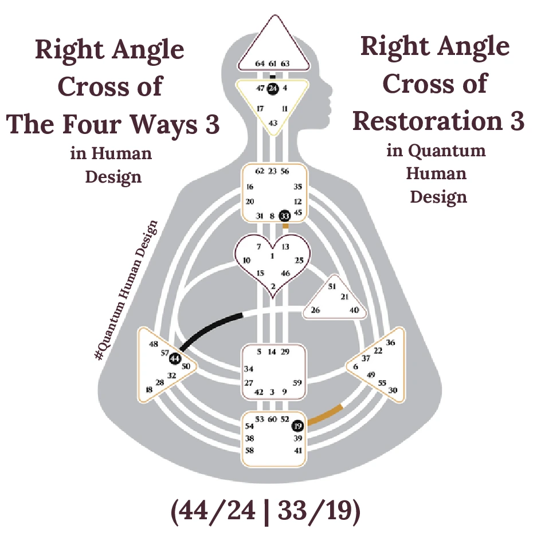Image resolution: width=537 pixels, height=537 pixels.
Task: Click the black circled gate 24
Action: click(273, 89)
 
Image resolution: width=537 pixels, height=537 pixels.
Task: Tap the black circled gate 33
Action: click(285, 216)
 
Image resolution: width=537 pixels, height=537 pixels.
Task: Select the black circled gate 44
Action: click(175, 358)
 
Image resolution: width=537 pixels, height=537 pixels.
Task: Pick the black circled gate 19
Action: click(297, 426)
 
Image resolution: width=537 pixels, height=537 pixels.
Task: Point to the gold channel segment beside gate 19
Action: click(325, 416)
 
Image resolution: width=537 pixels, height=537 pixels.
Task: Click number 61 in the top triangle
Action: click(273, 64)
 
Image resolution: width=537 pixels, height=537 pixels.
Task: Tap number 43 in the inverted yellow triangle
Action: click(273, 123)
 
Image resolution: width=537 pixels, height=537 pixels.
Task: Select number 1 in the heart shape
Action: click(272, 256)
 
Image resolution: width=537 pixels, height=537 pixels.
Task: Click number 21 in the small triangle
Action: click(344, 297)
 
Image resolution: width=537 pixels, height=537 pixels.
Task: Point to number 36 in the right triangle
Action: click(391, 342)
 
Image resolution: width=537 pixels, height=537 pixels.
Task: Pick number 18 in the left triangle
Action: click(150, 390)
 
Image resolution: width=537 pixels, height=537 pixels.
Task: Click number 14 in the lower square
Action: click(272, 352)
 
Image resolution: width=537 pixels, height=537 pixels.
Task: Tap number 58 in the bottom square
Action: click(250, 451)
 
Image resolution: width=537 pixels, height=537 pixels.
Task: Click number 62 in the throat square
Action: click(260, 171)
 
